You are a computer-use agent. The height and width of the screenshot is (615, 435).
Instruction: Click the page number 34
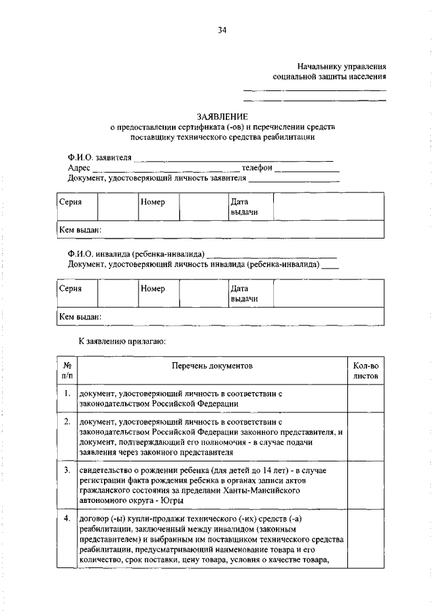(x=222, y=30)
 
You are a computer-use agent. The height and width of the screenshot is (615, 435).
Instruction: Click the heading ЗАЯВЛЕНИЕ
(x=222, y=117)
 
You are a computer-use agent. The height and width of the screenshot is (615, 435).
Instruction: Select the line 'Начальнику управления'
(x=342, y=67)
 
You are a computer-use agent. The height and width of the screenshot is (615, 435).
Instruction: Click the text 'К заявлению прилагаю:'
(x=122, y=340)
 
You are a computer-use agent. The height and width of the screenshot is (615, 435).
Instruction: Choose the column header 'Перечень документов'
(x=211, y=366)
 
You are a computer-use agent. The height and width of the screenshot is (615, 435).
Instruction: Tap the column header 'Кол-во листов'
(x=366, y=370)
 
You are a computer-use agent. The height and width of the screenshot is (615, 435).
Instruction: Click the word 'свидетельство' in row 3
(x=104, y=470)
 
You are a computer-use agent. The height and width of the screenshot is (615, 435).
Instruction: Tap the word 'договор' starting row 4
(x=94, y=520)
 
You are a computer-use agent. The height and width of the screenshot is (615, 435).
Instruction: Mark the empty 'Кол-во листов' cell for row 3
(x=366, y=485)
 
